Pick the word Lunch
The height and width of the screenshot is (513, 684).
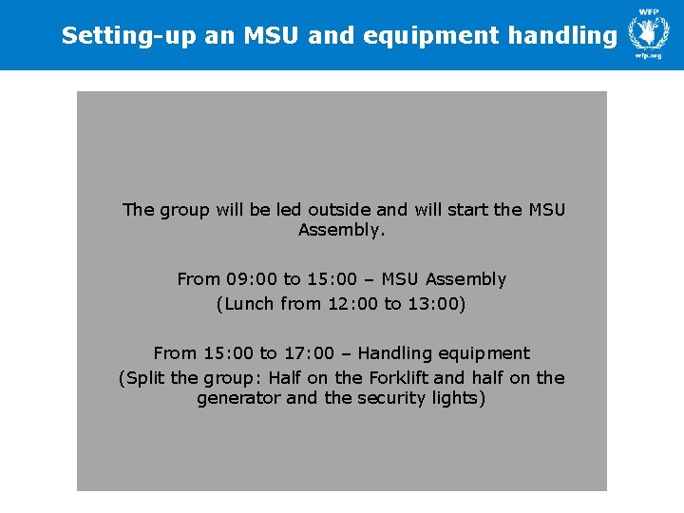(x=250, y=304)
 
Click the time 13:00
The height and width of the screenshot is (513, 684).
(x=434, y=304)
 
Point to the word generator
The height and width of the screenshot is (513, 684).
(x=238, y=399)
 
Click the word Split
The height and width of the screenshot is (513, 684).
(x=145, y=378)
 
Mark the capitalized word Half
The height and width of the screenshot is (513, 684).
(x=285, y=378)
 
